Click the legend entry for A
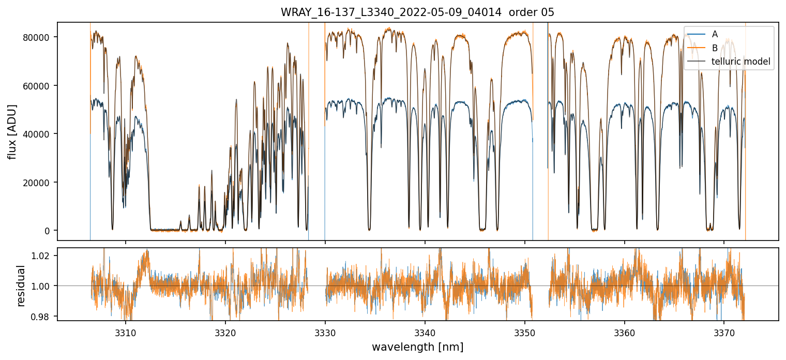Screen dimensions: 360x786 715,34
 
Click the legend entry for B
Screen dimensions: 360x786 715,48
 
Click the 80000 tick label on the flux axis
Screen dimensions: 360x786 40,37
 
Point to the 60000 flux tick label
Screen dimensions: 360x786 40,86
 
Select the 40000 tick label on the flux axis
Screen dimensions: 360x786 40,134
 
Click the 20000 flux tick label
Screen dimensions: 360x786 40,183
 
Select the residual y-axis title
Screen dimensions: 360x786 21,285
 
